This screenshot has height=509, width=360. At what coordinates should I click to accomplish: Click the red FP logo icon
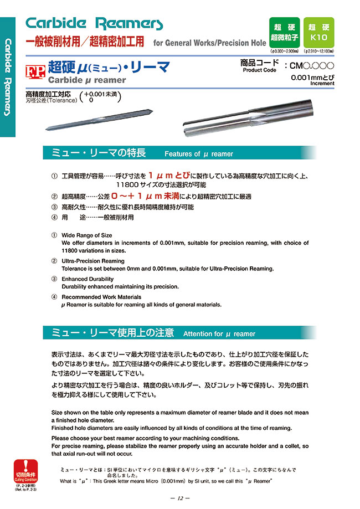(36, 71)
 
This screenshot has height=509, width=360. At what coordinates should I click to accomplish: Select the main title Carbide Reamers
(95, 23)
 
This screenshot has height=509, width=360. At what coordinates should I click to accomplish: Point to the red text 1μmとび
(169, 176)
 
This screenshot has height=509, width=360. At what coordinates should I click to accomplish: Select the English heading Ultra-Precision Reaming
(92, 261)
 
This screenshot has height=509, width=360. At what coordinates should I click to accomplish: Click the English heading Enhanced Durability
(87, 279)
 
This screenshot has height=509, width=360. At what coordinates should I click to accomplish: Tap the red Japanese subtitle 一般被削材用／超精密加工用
(86, 42)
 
